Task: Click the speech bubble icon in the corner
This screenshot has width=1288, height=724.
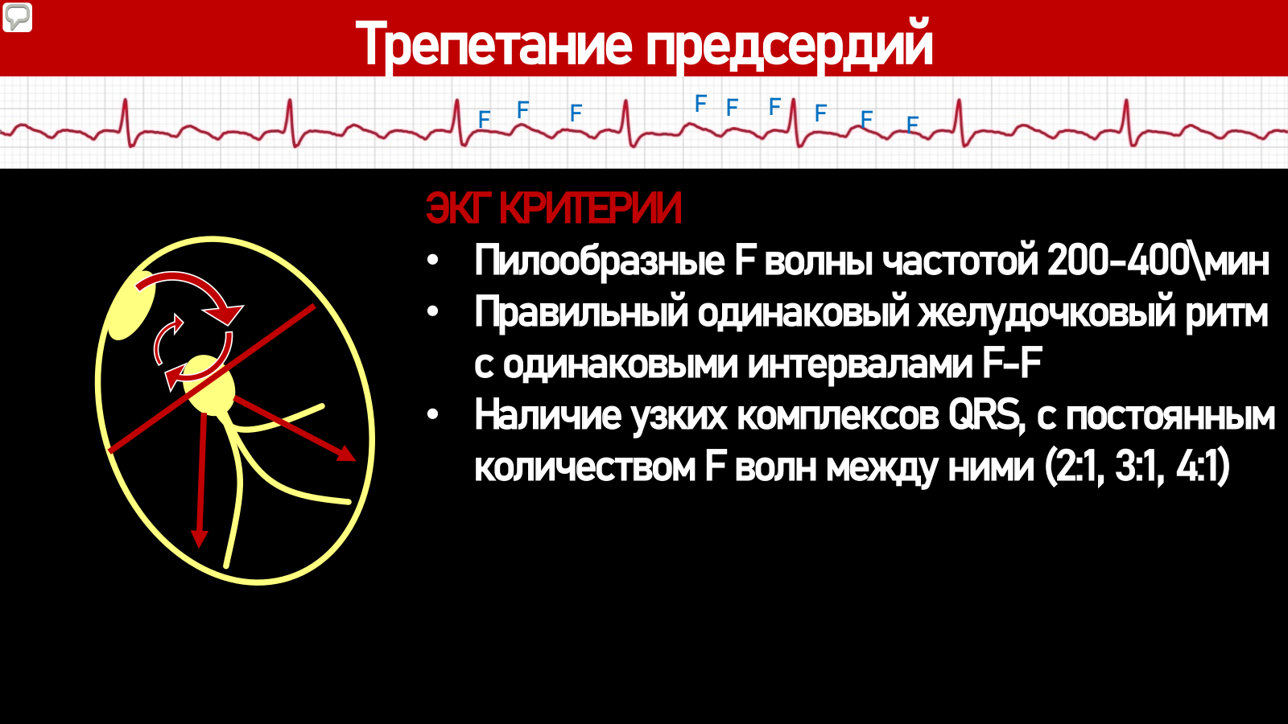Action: (17, 17)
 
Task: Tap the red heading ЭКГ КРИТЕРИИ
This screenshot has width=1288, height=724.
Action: (554, 208)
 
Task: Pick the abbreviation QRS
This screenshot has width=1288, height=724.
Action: (985, 416)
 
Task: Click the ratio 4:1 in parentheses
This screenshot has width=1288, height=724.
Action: (1202, 467)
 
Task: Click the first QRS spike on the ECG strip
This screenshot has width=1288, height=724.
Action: (126, 121)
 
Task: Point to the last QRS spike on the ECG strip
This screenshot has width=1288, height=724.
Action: (1128, 121)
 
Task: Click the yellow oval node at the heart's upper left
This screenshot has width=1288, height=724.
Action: (132, 305)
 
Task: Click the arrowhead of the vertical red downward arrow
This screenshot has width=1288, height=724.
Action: (200, 538)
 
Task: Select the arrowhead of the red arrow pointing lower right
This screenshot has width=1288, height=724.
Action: (345, 454)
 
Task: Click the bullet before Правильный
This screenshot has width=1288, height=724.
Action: (433, 311)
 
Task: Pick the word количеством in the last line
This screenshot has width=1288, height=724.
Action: (585, 467)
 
